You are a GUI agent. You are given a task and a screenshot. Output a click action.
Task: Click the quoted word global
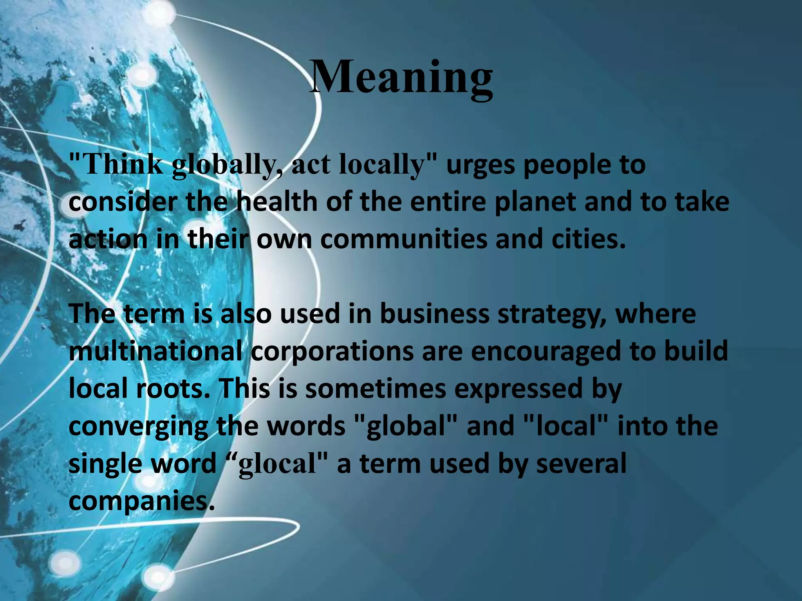click(x=407, y=426)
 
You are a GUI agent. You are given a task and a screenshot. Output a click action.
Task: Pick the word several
click(x=581, y=463)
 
